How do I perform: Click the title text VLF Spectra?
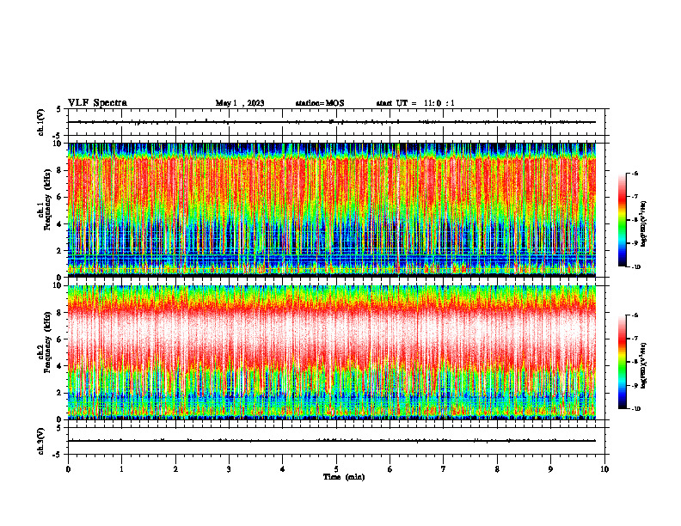pos(97,102)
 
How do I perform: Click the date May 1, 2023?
pos(240,103)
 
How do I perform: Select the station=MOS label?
pos(319,103)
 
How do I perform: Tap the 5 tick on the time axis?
pos(336,469)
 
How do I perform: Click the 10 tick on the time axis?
pos(604,469)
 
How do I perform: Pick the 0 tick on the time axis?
pos(68,469)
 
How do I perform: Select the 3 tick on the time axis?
pos(229,469)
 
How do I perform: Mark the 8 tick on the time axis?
pos(497,469)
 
